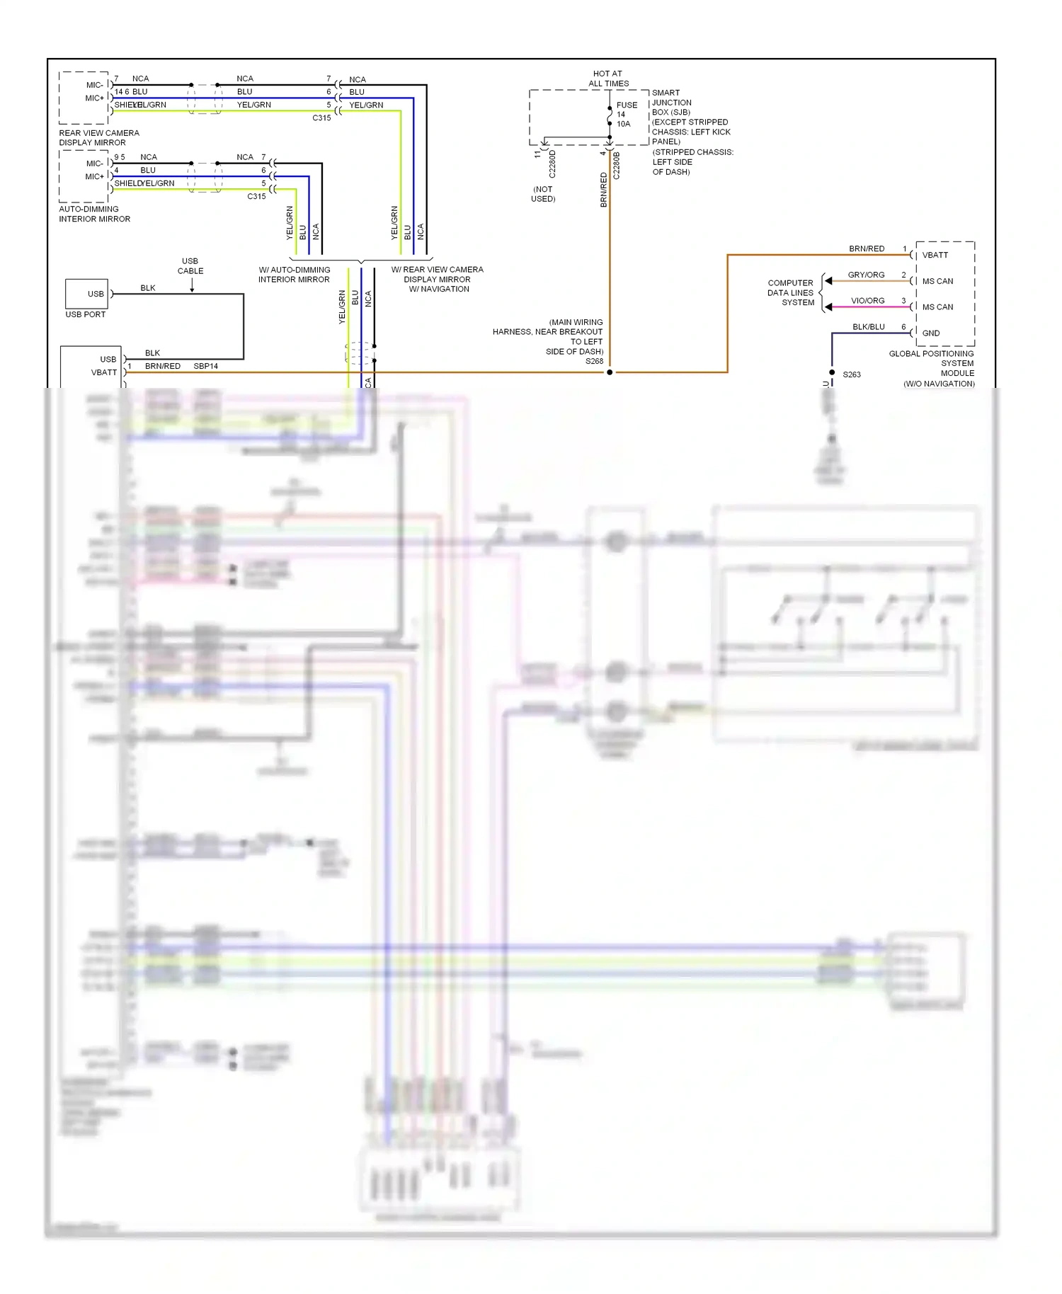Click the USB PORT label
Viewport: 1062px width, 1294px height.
(x=85, y=314)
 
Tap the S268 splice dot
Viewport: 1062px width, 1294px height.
(x=610, y=372)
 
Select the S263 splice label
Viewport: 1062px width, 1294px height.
(x=852, y=374)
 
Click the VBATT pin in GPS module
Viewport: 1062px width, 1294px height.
(x=935, y=255)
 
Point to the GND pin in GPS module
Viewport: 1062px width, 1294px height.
(x=931, y=333)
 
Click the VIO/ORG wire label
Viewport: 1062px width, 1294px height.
(x=867, y=301)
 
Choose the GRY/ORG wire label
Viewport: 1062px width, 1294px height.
(x=866, y=275)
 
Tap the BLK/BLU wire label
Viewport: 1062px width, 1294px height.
(x=868, y=327)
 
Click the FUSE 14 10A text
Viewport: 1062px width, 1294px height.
(x=625, y=114)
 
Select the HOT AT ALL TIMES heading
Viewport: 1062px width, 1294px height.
(x=608, y=79)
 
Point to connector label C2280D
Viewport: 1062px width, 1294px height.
(x=552, y=164)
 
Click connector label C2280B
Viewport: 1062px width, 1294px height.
(x=617, y=165)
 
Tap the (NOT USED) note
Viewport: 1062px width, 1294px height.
(x=543, y=194)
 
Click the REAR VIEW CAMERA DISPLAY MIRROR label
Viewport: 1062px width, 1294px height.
(x=99, y=137)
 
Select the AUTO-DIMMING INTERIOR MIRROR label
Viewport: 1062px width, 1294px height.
(x=94, y=214)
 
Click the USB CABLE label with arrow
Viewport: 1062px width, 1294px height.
(x=190, y=266)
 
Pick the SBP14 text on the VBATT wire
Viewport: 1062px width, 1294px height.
(x=205, y=366)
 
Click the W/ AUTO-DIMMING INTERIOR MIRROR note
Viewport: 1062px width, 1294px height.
(x=294, y=275)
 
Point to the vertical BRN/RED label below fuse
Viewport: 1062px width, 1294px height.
(x=604, y=190)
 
